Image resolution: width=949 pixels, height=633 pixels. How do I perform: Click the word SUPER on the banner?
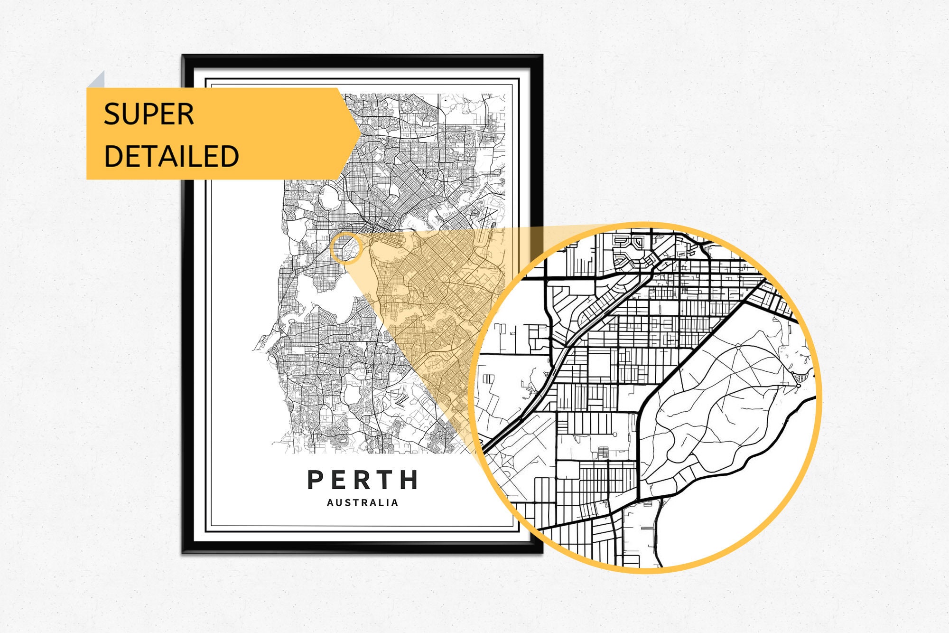coord(149,114)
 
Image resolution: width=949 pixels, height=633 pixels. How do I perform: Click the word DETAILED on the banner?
coord(171,156)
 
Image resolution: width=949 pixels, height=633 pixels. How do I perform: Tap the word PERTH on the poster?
coord(363,480)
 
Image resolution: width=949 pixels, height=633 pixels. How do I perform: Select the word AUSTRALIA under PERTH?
coord(363,503)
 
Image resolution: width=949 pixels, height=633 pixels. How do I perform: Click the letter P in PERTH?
coord(316,480)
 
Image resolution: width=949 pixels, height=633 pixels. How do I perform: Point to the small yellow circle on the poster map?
coord(346,248)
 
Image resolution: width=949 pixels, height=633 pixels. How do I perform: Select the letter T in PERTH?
coord(386,480)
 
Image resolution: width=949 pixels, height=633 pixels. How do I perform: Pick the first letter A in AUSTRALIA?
coord(330,503)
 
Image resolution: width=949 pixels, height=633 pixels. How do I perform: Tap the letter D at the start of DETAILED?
coord(113,156)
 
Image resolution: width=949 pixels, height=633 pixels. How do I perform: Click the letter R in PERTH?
coord(363,480)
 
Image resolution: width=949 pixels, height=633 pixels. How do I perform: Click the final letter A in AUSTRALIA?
coord(395,503)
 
